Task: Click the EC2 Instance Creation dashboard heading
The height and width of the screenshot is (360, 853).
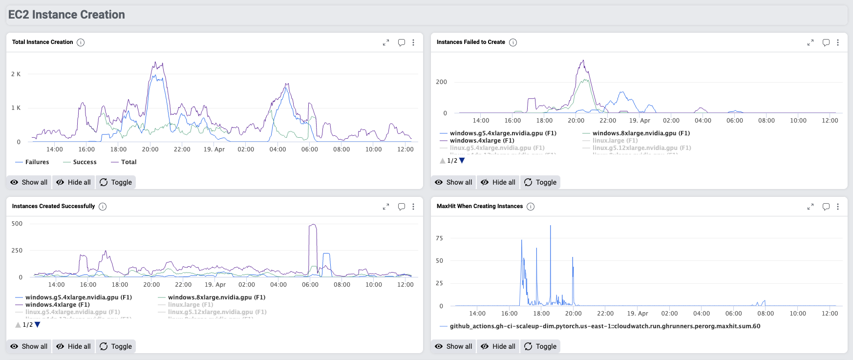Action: [66, 15]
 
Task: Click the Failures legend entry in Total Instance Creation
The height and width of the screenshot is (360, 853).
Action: [37, 162]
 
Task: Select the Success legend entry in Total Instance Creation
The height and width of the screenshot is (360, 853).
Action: [85, 162]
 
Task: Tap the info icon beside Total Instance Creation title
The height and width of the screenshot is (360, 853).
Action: [81, 42]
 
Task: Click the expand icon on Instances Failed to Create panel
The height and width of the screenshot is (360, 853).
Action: [810, 42]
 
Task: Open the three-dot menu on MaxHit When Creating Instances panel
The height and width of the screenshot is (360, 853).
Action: [838, 207]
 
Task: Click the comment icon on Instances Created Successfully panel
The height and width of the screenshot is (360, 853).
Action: [402, 207]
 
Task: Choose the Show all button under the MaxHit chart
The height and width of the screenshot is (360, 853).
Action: [453, 346]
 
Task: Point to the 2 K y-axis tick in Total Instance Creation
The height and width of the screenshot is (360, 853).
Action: [16, 74]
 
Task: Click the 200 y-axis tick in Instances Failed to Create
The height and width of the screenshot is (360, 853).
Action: [441, 82]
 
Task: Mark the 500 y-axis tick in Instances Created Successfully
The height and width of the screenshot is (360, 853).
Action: [17, 224]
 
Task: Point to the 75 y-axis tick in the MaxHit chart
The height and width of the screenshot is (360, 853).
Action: [439, 238]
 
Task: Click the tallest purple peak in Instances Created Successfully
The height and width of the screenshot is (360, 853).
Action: [313, 225]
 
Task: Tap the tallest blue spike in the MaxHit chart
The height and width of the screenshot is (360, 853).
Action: [551, 226]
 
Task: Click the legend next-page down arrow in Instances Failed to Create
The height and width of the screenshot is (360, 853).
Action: [462, 161]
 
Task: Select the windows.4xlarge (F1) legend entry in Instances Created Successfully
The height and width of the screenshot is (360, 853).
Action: [57, 305]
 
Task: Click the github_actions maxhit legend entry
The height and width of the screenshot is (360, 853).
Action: [604, 326]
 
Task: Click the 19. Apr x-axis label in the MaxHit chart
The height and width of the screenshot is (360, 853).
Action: [637, 314]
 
